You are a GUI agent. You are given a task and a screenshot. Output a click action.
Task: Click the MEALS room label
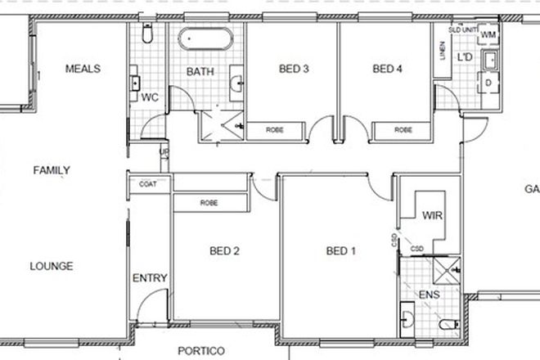point(83,70)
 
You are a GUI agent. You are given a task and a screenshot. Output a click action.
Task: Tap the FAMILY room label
point(52,171)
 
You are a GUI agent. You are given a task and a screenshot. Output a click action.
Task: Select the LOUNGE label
point(52,266)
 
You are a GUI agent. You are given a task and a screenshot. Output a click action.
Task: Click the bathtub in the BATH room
point(206,38)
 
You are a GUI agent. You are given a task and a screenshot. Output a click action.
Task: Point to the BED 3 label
point(293,70)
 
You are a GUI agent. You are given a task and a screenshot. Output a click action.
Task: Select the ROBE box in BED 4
point(403,129)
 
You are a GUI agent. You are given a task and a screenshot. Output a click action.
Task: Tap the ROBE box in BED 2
point(209,201)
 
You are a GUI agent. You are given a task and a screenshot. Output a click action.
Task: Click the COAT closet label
point(148,185)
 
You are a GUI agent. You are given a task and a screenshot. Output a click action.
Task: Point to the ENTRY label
point(150,279)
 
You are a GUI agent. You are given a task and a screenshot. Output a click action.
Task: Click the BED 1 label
point(340,251)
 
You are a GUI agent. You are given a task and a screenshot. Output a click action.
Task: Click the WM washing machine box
point(488,35)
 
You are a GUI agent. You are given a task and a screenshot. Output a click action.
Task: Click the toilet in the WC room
point(147,33)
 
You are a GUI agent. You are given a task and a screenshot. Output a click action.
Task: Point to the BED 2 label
point(224,251)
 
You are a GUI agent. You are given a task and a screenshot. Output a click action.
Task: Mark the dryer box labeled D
point(488,83)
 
